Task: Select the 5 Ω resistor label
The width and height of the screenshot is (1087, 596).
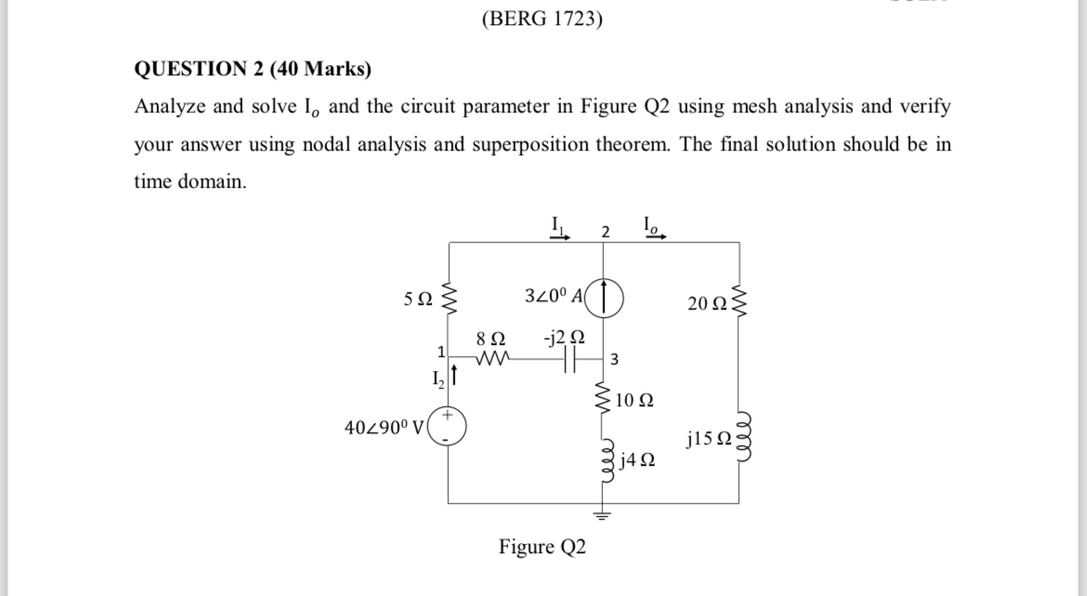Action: [417, 300]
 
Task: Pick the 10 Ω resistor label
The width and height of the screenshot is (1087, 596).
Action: [635, 402]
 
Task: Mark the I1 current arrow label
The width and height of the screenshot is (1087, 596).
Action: [559, 226]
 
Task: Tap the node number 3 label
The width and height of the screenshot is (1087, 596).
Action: [616, 359]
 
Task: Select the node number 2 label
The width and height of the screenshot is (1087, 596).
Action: [605, 232]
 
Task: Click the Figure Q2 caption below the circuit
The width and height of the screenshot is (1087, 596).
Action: [543, 547]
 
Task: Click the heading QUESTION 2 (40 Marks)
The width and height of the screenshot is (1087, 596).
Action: [253, 69]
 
